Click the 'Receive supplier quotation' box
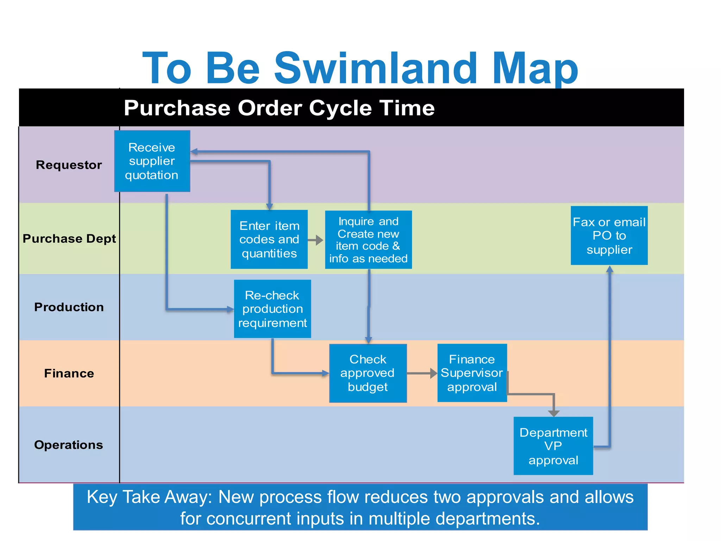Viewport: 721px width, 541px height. (152, 161)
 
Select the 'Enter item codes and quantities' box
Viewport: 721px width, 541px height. (269, 240)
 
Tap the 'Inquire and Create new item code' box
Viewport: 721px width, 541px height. (368, 240)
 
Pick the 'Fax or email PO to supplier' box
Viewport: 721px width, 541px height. (609, 236)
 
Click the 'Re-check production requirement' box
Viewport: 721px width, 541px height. (272, 309)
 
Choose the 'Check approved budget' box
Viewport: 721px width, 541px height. (368, 373)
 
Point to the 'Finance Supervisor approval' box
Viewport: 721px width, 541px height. (472, 373)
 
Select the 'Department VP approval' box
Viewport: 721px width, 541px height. (553, 446)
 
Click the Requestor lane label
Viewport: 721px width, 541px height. (69, 165)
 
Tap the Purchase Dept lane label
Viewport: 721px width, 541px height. (69, 239)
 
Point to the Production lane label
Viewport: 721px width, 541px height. (69, 307)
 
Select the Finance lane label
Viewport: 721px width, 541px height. (69, 373)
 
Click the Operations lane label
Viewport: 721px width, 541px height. (69, 445)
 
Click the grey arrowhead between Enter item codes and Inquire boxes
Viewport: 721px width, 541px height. (319, 240)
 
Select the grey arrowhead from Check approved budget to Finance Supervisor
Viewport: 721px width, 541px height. (434, 373)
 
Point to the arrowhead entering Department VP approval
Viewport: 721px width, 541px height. (554, 413)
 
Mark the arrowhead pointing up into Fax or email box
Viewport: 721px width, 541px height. (610, 269)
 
